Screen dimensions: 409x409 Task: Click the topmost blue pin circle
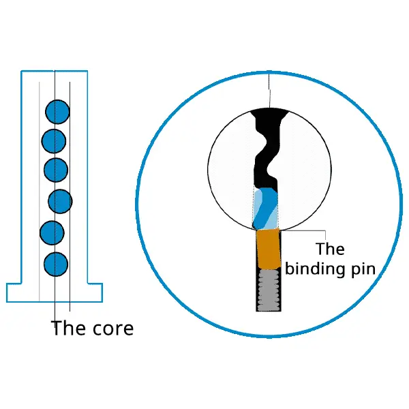57,112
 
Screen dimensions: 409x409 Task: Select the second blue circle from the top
54,141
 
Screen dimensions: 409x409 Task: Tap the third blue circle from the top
56,170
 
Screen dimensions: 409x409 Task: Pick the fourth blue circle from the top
60,201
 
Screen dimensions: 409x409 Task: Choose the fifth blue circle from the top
52,232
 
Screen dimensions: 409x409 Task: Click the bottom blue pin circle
56,264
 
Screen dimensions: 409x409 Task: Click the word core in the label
113,329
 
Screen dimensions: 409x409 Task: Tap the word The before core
69,328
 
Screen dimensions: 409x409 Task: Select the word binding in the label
316,269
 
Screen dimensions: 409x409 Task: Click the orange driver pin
269,249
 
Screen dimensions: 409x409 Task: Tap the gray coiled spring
269,290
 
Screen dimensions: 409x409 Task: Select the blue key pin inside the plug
265,208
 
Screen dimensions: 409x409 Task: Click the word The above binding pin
330,249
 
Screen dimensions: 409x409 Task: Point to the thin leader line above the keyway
269,89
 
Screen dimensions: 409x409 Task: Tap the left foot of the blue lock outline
14,292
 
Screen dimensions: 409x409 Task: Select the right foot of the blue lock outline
95,292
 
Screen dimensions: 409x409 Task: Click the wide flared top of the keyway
270,114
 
